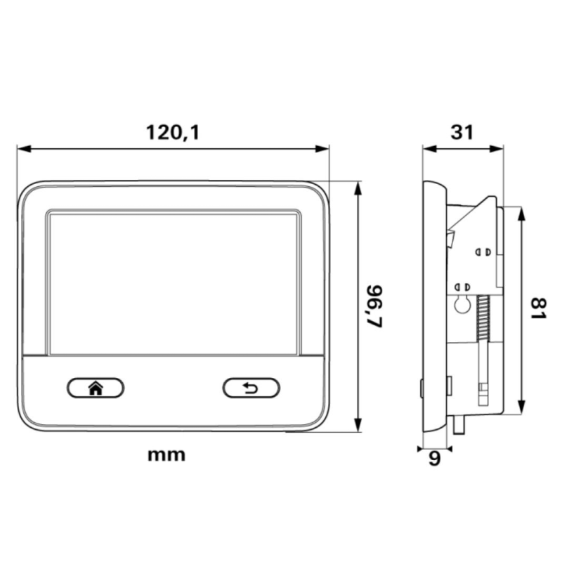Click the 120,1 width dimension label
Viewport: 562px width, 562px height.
click(172, 132)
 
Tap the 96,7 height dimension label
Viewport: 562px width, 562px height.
click(375, 306)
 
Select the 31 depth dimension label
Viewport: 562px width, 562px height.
click(462, 132)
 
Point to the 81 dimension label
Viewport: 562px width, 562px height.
click(538, 308)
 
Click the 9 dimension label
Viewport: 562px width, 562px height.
click(434, 459)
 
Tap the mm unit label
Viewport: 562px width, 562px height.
click(166, 455)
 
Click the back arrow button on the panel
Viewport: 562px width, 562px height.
click(251, 388)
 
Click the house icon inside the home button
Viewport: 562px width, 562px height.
click(96, 388)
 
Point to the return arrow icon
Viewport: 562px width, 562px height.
click(251, 388)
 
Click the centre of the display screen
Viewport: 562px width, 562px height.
click(174, 284)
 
